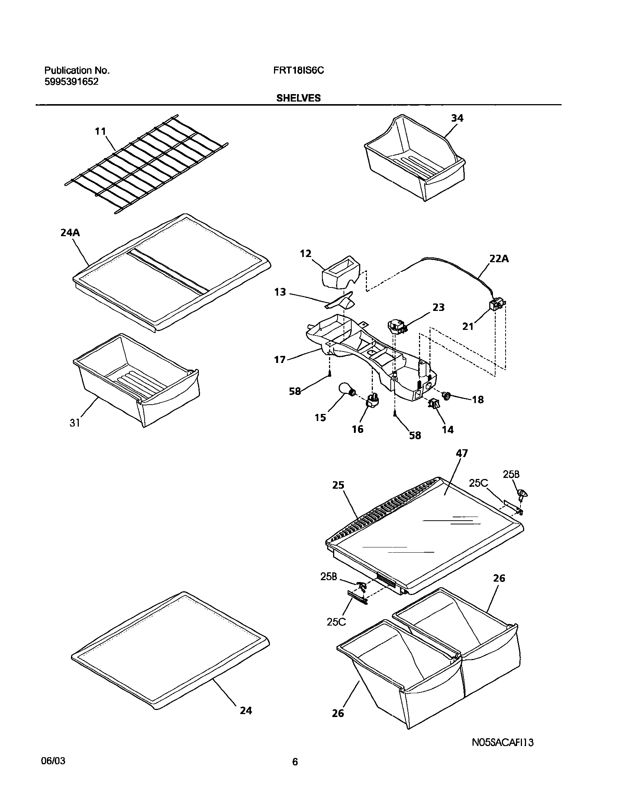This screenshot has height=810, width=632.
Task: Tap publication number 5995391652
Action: (71, 82)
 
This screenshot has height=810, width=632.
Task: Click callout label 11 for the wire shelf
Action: (100, 132)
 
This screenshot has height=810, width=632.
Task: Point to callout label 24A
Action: (70, 233)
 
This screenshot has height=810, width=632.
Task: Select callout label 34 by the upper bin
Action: (457, 118)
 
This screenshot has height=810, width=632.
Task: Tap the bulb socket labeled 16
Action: (373, 401)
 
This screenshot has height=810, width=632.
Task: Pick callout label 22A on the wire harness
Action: (499, 259)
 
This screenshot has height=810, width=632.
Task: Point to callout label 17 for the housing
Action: (280, 360)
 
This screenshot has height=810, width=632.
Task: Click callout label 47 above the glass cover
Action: (462, 453)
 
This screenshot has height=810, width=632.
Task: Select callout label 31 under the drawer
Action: (75, 423)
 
